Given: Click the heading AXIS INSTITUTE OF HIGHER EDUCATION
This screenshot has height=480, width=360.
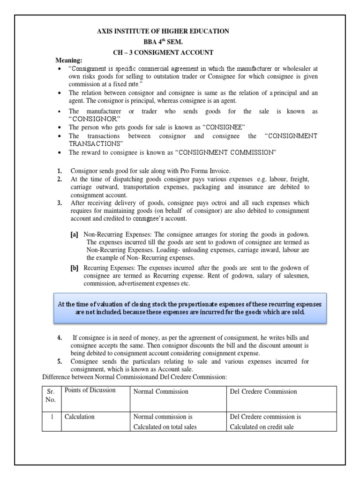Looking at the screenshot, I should point(163,31).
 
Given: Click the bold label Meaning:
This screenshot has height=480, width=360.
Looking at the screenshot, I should point(69,61).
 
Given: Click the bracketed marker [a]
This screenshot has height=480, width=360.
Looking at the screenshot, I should point(75,234).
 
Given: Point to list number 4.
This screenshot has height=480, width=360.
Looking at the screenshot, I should point(60,337).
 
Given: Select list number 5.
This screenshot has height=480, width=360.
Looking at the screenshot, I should point(60,361).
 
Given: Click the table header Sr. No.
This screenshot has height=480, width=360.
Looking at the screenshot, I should point(51,396).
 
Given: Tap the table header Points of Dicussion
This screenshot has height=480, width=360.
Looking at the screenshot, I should point(90,390).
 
